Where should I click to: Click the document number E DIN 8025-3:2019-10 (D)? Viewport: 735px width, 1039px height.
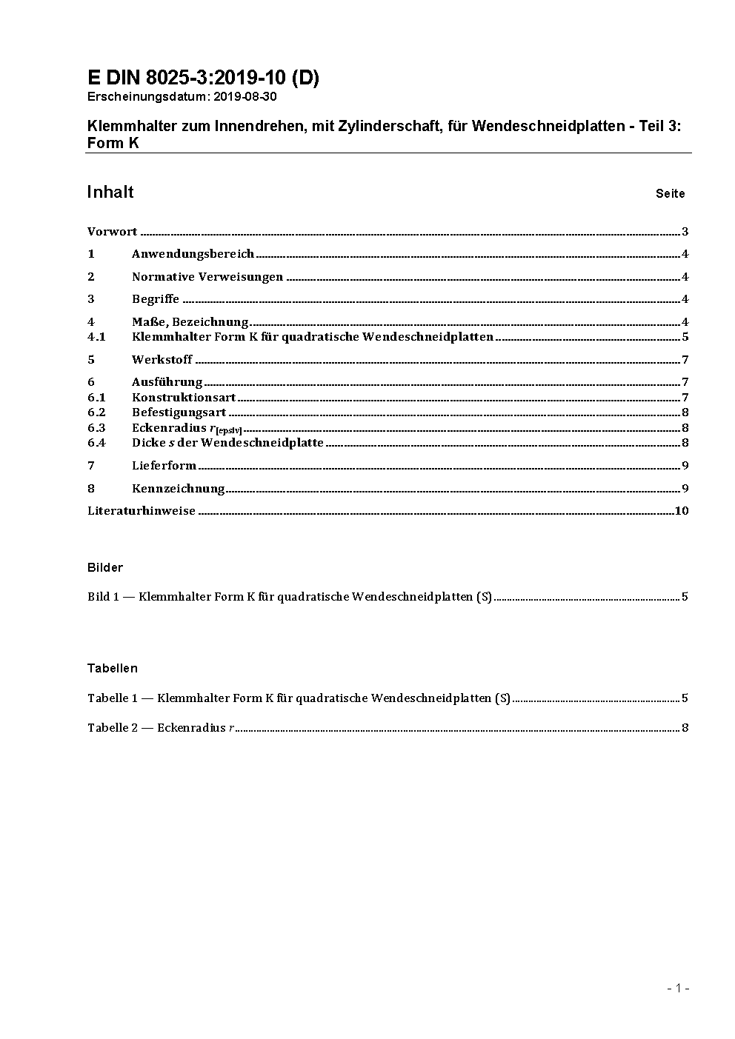click(x=203, y=78)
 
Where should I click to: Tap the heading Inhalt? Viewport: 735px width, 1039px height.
click(x=110, y=193)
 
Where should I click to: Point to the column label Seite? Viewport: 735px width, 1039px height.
click(x=670, y=194)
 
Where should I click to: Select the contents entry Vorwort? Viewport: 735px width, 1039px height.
click(x=112, y=232)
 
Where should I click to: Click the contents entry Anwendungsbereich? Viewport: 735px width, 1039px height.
click(x=193, y=254)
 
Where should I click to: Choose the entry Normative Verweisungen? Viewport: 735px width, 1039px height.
click(x=207, y=277)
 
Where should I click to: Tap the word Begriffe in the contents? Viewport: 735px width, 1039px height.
click(x=156, y=299)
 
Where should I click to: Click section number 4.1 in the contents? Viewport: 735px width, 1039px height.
click(x=96, y=337)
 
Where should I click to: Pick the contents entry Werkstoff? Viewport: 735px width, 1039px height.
click(x=162, y=360)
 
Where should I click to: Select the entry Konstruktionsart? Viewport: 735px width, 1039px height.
click(x=184, y=398)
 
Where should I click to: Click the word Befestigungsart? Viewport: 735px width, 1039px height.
click(x=179, y=412)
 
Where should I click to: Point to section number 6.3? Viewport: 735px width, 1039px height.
click(x=96, y=428)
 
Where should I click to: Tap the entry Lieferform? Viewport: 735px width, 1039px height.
click(x=164, y=466)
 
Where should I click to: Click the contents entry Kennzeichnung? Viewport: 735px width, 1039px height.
click(x=178, y=488)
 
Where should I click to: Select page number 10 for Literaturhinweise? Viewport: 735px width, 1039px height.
click(x=682, y=511)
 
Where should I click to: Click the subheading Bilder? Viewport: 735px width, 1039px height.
click(x=105, y=568)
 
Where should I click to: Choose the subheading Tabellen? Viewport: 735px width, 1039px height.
click(x=113, y=669)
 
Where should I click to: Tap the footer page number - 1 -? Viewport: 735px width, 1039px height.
click(x=678, y=988)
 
